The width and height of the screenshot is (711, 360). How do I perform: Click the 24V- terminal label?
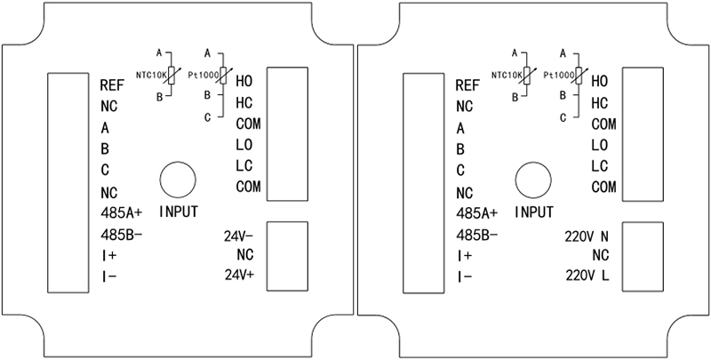coord(238,236)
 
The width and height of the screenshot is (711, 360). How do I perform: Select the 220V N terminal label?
coord(587,236)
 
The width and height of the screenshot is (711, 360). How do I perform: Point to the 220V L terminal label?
coord(587,275)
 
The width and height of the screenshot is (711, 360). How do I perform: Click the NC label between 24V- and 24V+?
coord(245,256)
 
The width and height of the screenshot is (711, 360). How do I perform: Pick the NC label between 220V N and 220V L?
coord(600,256)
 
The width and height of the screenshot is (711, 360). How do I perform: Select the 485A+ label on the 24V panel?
coord(122,213)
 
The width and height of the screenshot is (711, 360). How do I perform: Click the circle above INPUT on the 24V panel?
coord(178,180)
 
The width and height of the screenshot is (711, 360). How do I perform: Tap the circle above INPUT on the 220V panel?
coord(533,180)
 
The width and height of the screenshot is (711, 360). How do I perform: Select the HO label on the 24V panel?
coord(244,80)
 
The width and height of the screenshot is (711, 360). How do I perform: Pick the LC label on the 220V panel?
coord(599,164)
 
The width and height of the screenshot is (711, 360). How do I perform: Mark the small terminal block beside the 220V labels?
coord(643,254)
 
